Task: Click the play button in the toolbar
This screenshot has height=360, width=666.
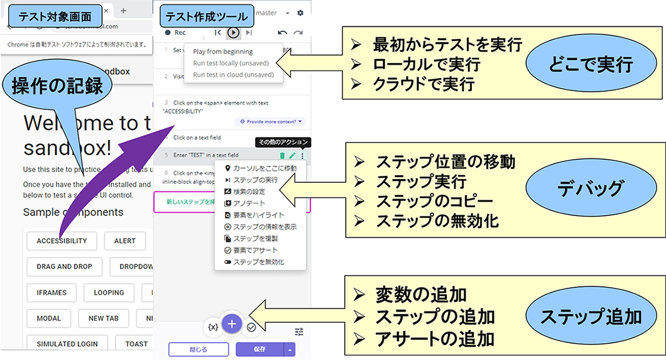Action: [x=233, y=32]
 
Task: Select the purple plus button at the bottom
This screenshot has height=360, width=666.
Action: [x=232, y=324]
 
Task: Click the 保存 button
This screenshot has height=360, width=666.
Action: [x=259, y=349]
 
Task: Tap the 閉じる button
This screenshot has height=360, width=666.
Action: [x=197, y=349]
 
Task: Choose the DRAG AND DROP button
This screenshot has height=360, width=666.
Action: [x=64, y=266]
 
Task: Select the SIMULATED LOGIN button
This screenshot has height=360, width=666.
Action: [x=66, y=344]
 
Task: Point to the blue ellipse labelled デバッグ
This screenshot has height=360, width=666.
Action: [x=589, y=188]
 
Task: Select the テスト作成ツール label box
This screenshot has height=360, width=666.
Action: [x=204, y=15]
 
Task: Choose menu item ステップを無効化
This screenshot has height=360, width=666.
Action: [x=258, y=261]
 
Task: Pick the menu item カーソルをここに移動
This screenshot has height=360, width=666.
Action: [x=265, y=168]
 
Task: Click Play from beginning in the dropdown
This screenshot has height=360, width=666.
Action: [x=222, y=52]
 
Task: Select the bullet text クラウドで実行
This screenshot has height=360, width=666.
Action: [x=423, y=84]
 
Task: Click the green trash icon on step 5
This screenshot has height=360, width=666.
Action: [x=282, y=155]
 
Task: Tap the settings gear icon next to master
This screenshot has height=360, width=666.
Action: [x=300, y=13]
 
